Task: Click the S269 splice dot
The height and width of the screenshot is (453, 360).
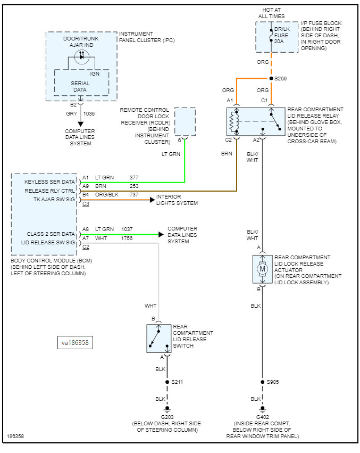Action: click(272, 78)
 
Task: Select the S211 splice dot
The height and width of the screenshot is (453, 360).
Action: click(167, 382)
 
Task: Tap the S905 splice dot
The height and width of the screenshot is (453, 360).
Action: click(262, 382)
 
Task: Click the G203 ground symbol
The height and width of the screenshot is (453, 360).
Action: click(167, 410)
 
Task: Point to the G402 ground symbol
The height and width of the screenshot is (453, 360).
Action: click(262, 410)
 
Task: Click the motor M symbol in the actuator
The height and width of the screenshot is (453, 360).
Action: click(262, 269)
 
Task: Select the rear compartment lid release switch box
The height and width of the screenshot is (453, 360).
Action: click(159, 338)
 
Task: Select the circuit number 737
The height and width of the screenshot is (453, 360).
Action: click(133, 195)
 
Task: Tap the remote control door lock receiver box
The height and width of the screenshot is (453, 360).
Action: click(185, 121)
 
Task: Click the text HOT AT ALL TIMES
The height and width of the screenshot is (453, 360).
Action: click(272, 13)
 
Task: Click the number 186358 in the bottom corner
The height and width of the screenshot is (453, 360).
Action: click(15, 436)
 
